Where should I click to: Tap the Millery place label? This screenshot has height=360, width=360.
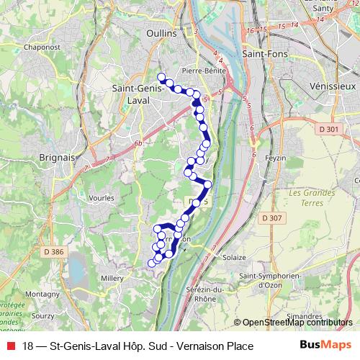point(112,276)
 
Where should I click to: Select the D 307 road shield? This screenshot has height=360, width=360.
point(272,217)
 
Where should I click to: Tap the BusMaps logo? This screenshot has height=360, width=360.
point(325,346)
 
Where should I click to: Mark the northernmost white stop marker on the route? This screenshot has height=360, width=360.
point(161,78)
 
